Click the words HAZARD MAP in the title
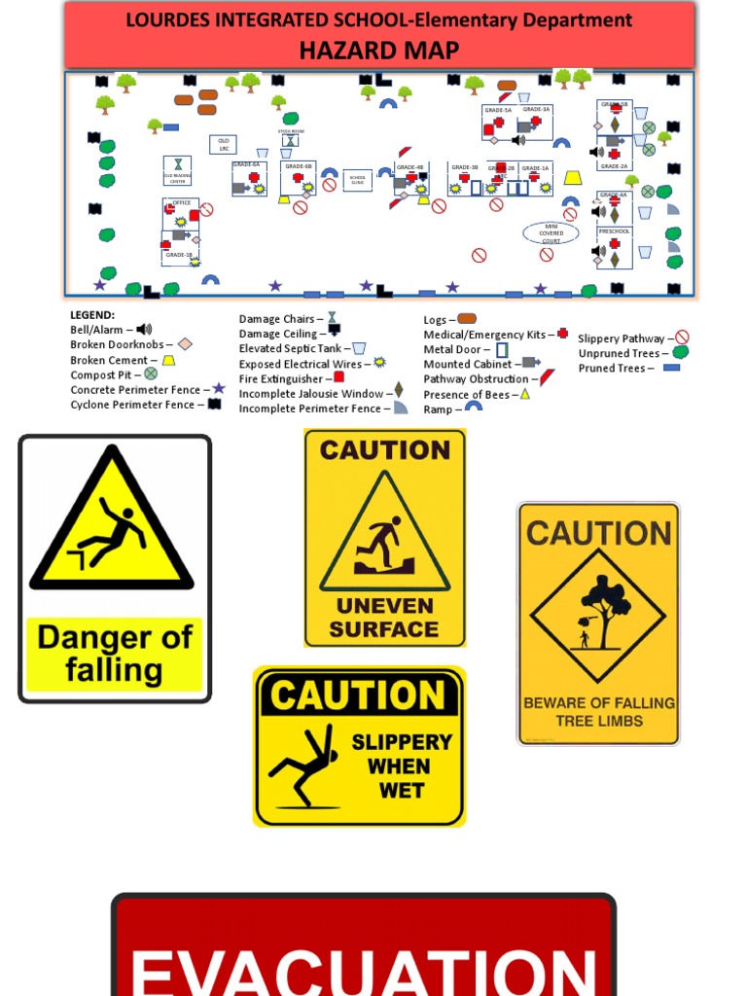tap(379, 50)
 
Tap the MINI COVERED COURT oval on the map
tap(551, 233)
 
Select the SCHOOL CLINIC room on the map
tap(357, 180)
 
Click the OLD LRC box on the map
tap(224, 144)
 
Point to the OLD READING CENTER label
tap(177, 179)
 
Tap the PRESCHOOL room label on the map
tap(614, 231)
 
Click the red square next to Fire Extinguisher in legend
tap(339, 378)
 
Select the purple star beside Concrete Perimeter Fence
tap(219, 389)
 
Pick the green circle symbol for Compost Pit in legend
tap(151, 373)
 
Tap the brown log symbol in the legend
tap(466, 319)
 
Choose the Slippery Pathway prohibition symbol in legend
tap(682, 338)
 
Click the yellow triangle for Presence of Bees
tap(524, 394)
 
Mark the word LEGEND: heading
tap(92, 315)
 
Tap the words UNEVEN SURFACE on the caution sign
tap(384, 617)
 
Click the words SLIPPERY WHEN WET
tap(402, 765)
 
